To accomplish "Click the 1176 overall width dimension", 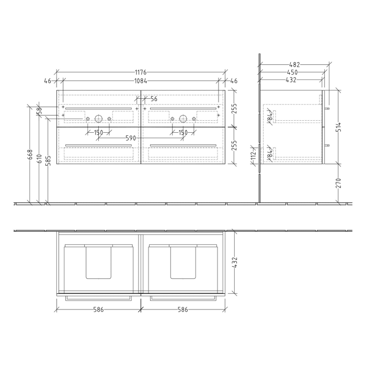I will [x=141, y=72].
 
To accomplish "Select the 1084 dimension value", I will [x=141, y=81].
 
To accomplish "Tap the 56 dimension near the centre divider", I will [x=153, y=99].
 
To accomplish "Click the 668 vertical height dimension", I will [x=30, y=155].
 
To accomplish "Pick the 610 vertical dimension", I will [x=39, y=158].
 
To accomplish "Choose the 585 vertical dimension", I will [x=48, y=162].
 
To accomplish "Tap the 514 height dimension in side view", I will [x=338, y=126].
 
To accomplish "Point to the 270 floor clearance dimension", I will [x=338, y=182].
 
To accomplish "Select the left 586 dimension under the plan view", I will [x=98, y=310].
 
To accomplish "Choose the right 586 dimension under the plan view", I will [x=182, y=310].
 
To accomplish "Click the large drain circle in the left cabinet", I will [x=98, y=118].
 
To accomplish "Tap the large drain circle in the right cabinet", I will [x=183, y=118].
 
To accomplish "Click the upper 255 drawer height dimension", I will [x=235, y=109].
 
